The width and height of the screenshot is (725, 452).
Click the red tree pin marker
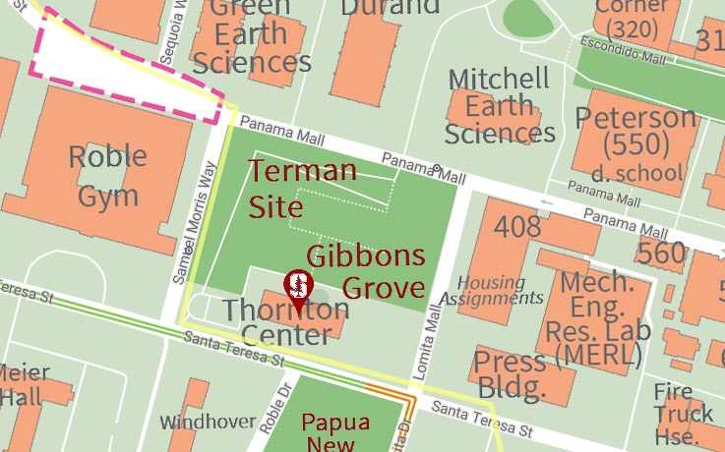pos(298,289)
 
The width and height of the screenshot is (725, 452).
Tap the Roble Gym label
pos(108,176)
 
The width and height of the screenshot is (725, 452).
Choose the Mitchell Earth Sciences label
pos(499,106)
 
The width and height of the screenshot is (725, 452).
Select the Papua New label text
pos(335,433)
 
